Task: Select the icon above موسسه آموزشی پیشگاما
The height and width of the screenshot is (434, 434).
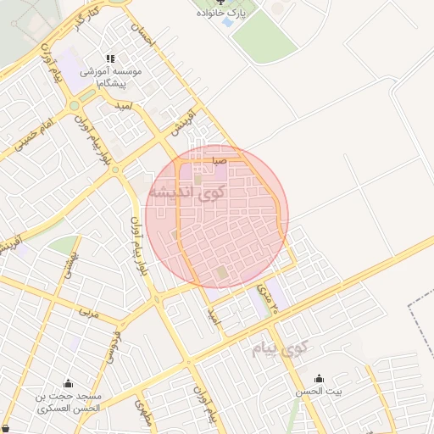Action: point(110,58)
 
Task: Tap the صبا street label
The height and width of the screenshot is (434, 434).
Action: point(219,159)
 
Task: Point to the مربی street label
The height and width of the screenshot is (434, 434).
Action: point(89,313)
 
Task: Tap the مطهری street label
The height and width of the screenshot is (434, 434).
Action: point(142,411)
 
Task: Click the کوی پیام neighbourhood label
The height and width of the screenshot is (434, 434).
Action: point(282,348)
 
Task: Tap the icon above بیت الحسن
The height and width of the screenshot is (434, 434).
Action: point(318,378)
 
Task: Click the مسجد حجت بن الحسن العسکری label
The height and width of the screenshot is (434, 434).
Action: point(68,402)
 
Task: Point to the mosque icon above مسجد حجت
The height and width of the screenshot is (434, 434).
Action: point(68,382)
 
